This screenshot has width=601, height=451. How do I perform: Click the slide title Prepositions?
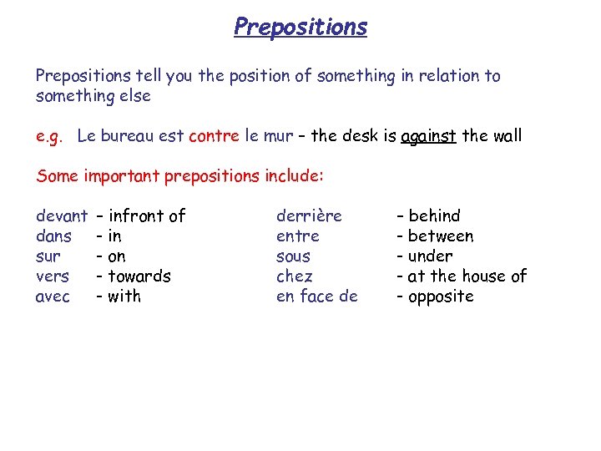coord(300,27)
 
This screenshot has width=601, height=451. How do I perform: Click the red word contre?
coord(215,136)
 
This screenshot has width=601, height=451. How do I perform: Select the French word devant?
coord(62,216)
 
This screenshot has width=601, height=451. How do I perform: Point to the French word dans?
coord(53,236)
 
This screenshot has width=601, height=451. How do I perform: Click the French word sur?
coord(48,256)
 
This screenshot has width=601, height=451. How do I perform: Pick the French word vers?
coord(52,276)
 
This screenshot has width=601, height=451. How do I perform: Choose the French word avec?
coord(53,296)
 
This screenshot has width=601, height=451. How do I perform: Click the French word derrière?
coord(309,216)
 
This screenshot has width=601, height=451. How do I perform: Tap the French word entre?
coord(297,236)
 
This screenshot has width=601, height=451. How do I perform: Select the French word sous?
coord(293,256)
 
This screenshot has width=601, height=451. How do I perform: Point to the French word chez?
coord(295,276)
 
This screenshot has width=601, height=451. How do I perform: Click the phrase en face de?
coord(316,296)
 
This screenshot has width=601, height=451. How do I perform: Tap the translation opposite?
coord(441,296)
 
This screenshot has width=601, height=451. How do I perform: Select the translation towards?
coord(139,276)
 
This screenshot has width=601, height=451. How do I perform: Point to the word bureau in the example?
coord(128,136)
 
